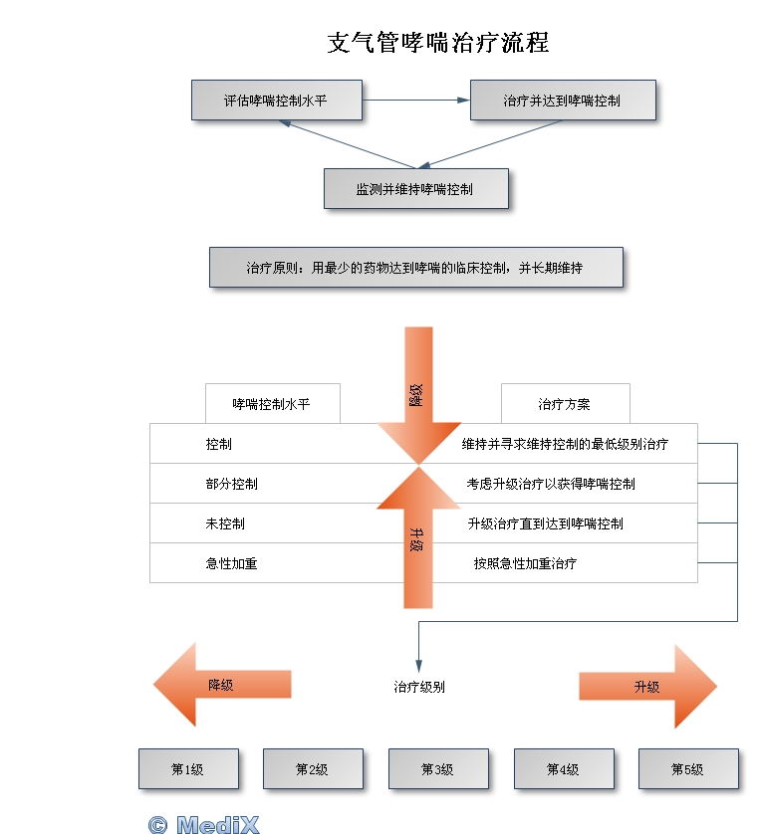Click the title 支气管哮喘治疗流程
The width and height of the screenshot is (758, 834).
(438, 43)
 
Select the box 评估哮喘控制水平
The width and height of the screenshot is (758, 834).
(276, 101)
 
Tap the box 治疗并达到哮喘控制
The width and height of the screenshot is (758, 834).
(562, 101)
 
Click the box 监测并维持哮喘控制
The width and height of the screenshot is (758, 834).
(415, 188)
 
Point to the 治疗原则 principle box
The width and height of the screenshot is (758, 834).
(415, 268)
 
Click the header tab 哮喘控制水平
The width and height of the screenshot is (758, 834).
(272, 404)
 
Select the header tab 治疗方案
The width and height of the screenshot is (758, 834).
(565, 404)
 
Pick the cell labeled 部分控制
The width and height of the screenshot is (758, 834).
(232, 484)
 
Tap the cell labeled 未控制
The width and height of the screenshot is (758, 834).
(226, 523)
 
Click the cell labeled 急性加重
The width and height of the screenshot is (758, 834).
(232, 563)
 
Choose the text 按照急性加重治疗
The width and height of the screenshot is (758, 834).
(525, 563)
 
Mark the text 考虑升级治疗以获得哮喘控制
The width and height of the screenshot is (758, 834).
(551, 484)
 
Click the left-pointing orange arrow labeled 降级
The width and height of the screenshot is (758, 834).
(221, 685)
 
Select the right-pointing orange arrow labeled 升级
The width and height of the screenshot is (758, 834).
(647, 687)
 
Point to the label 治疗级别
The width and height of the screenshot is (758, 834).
(419, 687)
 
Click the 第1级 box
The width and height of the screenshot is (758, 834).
(188, 769)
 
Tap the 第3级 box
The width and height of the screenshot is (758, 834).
(438, 769)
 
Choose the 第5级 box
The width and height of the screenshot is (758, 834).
(688, 769)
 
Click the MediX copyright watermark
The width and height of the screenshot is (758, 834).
(203, 824)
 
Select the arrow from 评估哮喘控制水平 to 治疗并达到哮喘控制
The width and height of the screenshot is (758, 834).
(415, 100)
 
